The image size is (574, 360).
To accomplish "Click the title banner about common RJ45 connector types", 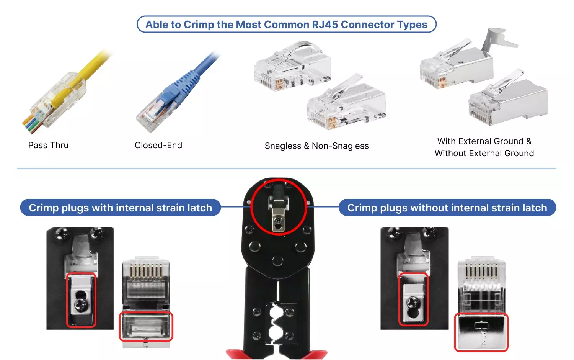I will (286, 25).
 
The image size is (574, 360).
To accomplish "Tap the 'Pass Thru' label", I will (48, 146).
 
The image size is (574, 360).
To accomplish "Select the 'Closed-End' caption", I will (158, 146).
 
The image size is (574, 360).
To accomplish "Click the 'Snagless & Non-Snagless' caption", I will (316, 146).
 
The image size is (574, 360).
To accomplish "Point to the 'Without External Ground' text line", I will (484, 154).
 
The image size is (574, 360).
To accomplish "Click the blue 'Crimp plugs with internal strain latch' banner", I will (120, 208).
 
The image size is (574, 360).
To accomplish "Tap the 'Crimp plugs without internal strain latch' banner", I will (447, 208).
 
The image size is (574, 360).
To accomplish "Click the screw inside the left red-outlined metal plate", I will (81, 305).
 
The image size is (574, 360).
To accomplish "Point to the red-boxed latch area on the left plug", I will (146, 327).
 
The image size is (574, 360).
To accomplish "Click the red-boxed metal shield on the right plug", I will (481, 332).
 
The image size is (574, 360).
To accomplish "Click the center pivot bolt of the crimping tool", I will (277, 261).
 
